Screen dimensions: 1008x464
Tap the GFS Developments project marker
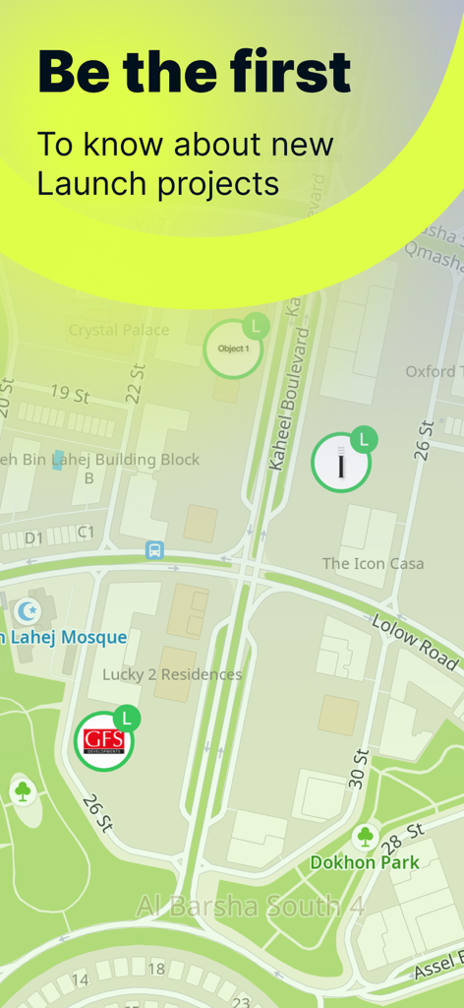pos(104,740)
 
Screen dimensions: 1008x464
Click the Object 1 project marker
pos(233,348)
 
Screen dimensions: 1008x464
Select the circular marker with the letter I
pos(340,463)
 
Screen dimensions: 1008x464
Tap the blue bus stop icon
pos(154,550)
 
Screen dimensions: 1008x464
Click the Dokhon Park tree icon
pos(366,837)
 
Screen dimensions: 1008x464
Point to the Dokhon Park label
pos(365,862)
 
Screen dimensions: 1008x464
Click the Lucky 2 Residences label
pos(172,674)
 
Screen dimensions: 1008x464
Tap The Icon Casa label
pos(373,563)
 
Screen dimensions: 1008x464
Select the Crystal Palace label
pos(119,330)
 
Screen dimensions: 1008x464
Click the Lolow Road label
pos(415,641)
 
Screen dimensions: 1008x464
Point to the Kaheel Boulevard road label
pos(288,399)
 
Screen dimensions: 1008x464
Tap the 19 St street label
pos(70,395)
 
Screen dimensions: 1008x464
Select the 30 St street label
pos(359,768)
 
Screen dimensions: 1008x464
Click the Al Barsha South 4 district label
pos(251,906)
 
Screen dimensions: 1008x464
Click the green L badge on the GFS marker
pos(126,719)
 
